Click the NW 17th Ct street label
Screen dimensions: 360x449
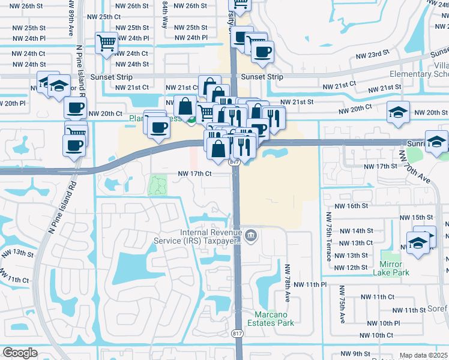tap(194, 174)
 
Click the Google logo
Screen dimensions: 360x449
tap(20, 353)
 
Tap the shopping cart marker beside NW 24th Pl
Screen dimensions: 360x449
tap(106, 43)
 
